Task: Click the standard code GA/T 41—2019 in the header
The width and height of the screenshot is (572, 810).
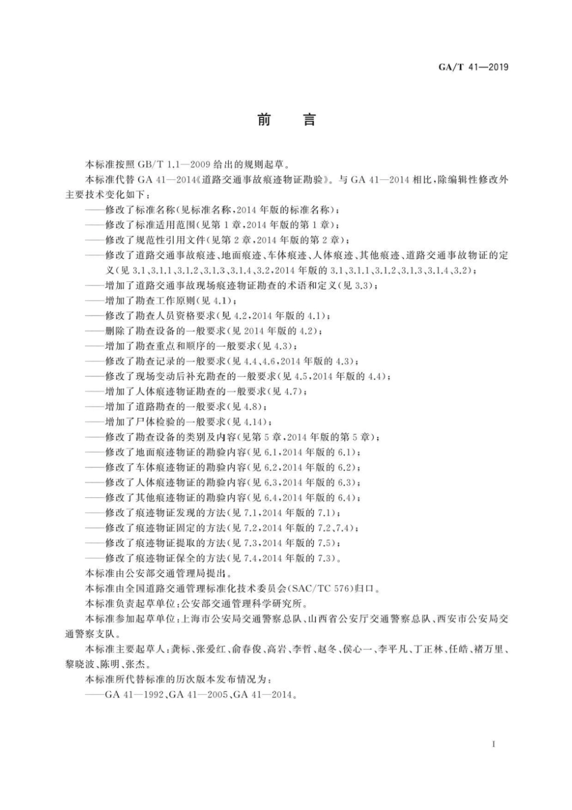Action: tap(473, 67)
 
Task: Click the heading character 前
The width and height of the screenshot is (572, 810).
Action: tap(264, 120)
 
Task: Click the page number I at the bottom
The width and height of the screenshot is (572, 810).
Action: tap(493, 744)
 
